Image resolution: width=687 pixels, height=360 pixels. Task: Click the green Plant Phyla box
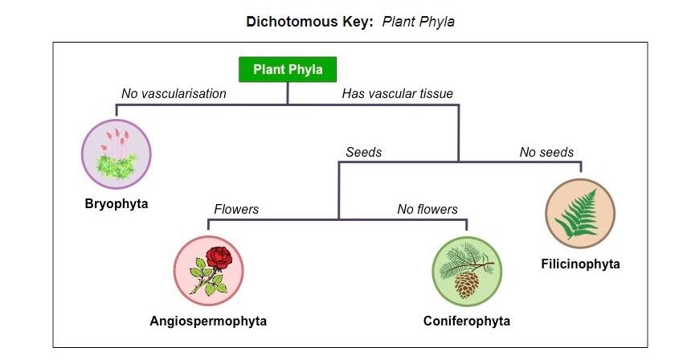(x=288, y=70)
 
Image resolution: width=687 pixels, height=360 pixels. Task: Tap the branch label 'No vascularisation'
(x=174, y=94)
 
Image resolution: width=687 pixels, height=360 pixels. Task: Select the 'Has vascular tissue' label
(x=397, y=94)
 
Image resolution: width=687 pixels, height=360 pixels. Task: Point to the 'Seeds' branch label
(x=363, y=152)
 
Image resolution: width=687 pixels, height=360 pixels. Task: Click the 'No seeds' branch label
(x=546, y=152)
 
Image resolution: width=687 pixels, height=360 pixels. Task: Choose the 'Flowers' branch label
(x=236, y=210)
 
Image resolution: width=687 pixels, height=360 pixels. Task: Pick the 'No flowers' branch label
(x=427, y=210)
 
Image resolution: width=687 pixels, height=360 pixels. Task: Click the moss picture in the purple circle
(x=117, y=153)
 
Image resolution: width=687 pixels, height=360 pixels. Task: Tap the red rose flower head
(x=218, y=257)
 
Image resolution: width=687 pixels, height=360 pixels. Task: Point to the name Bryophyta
(x=117, y=203)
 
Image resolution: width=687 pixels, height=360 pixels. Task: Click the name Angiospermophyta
(x=208, y=321)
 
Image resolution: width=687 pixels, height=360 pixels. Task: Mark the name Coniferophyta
(x=466, y=321)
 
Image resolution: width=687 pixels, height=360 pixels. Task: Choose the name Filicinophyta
(x=580, y=264)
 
